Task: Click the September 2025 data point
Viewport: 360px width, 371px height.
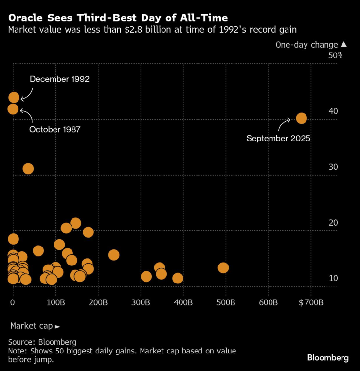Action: tap(301, 118)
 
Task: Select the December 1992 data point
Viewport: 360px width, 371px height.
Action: tap(14, 97)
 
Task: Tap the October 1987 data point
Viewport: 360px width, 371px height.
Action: tap(13, 109)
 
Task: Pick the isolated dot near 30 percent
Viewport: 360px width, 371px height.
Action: tap(28, 169)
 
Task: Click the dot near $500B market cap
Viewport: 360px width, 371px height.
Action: tap(223, 268)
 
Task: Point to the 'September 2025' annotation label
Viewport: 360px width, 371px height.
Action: tap(278, 139)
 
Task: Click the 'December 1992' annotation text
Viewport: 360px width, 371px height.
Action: tap(59, 79)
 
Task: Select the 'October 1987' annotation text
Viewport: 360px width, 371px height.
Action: tap(54, 129)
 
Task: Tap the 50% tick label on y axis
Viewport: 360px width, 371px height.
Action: tap(335, 55)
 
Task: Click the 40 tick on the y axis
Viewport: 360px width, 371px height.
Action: tap(333, 111)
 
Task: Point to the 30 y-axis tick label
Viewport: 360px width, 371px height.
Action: tap(333, 167)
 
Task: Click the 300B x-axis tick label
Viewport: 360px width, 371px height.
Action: tap(141, 302)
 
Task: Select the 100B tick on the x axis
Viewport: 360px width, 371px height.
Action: tap(55, 302)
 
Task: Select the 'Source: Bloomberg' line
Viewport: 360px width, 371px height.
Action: tap(42, 342)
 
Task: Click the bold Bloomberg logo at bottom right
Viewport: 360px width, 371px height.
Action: tap(328, 358)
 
